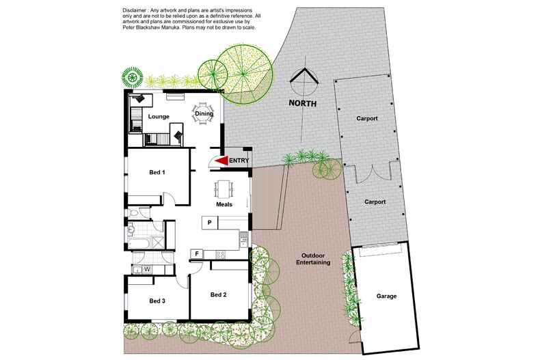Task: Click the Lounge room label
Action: tap(159, 117)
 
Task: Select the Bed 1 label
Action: tap(157, 172)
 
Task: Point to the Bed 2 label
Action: tap(218, 294)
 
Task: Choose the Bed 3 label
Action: tap(157, 301)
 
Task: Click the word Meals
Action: tap(224, 204)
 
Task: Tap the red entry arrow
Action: tap(221, 161)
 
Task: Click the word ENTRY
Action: tap(239, 161)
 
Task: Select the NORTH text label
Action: tap(302, 104)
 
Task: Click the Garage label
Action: tap(386, 296)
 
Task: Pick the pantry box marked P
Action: tap(209, 223)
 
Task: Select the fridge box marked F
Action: tap(197, 254)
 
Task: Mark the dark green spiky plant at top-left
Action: tap(132, 77)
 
